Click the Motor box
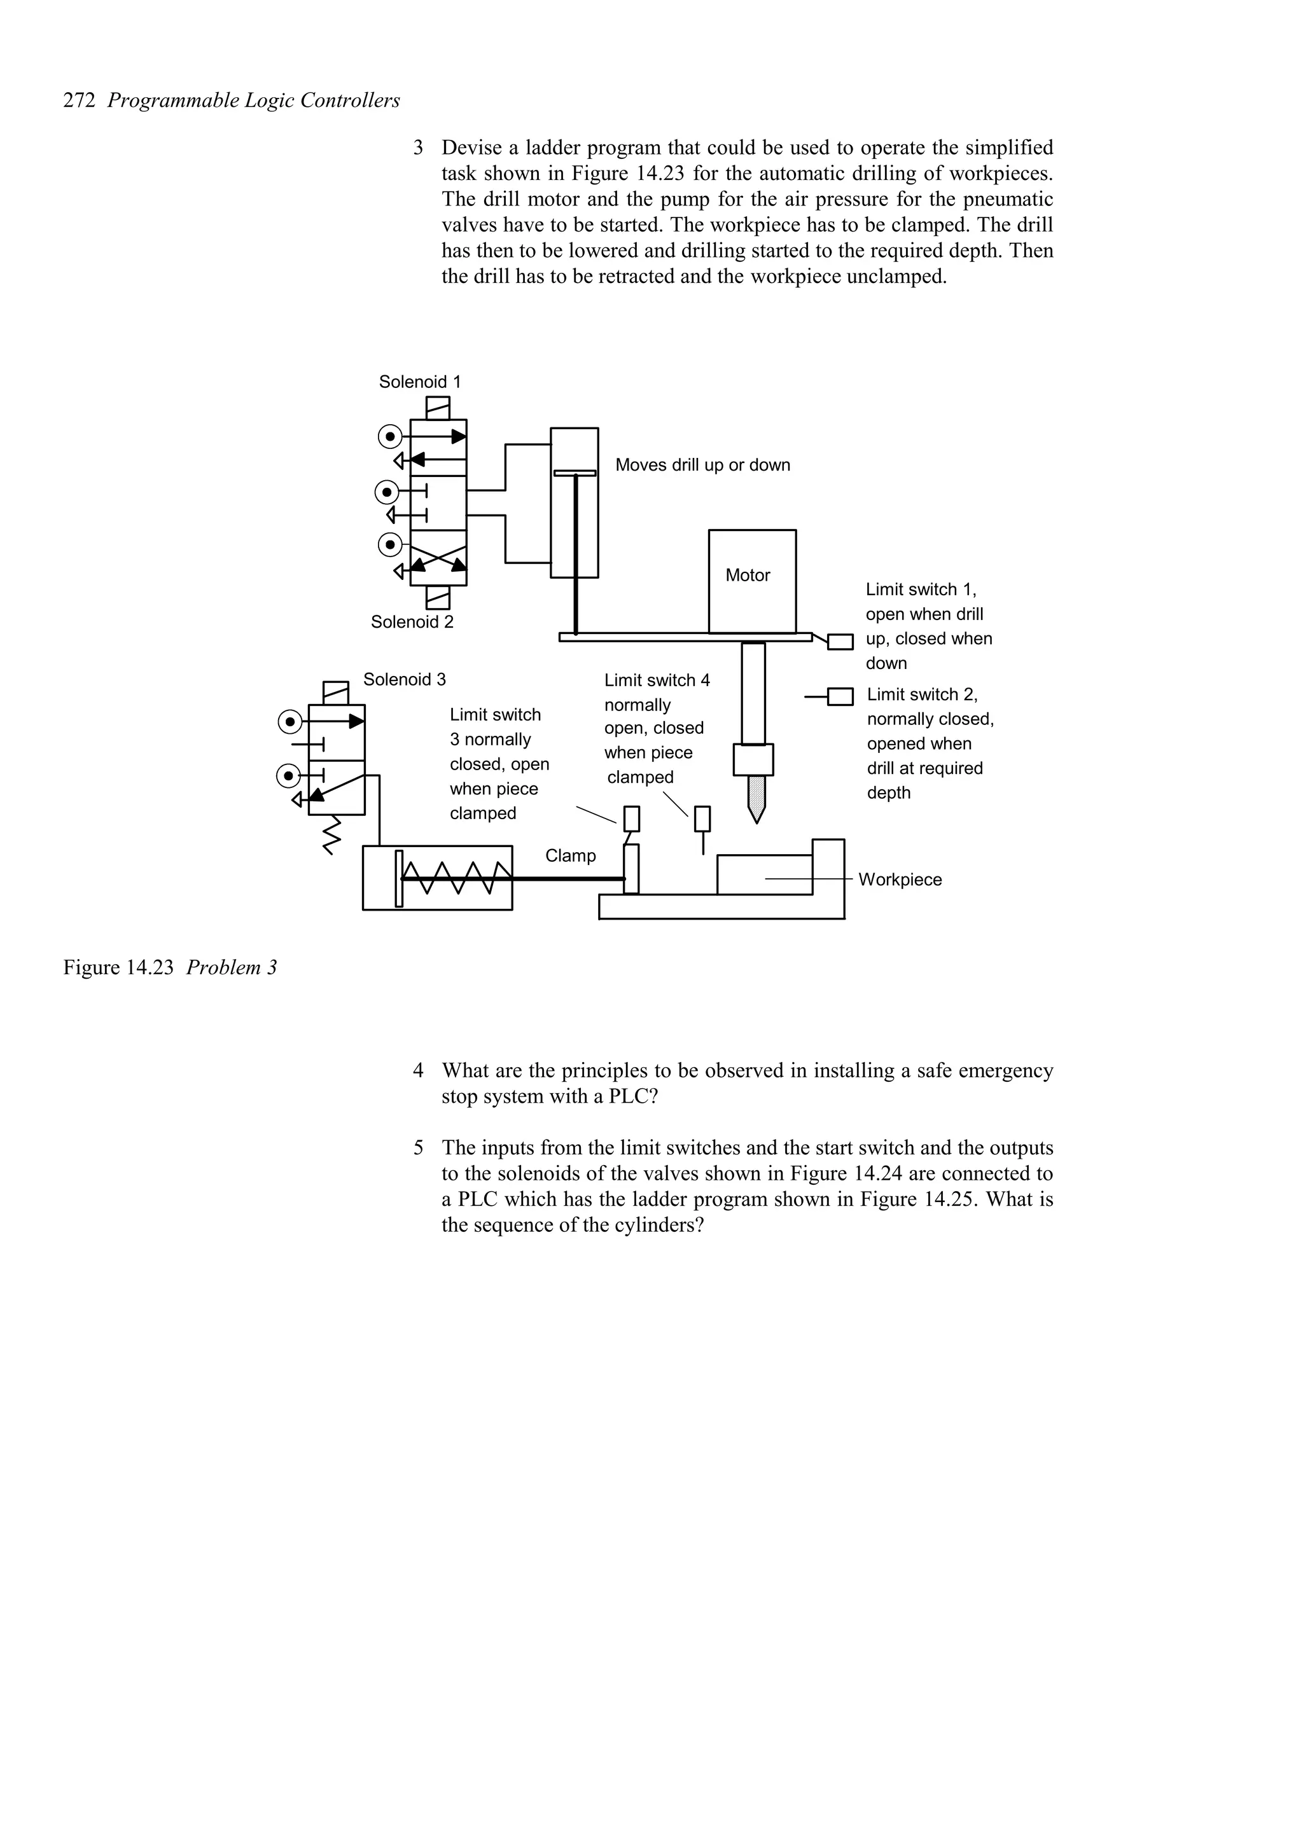(x=751, y=581)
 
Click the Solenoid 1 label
(x=419, y=382)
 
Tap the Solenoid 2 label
(x=412, y=622)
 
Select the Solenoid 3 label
(x=404, y=680)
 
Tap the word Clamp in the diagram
(x=570, y=856)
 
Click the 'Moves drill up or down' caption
(x=702, y=466)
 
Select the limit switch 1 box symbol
(x=840, y=642)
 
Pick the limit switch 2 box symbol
(x=840, y=697)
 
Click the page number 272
(x=80, y=101)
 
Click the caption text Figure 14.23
(x=118, y=968)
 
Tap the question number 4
(x=418, y=1071)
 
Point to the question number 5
(x=418, y=1149)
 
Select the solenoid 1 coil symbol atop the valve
(x=438, y=408)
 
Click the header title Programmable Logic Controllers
(x=254, y=101)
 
